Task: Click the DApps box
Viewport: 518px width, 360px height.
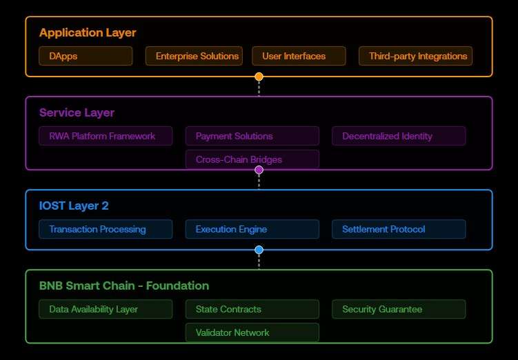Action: point(86,56)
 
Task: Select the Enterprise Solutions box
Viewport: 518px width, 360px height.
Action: point(193,56)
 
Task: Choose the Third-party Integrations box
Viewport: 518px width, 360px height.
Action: point(415,56)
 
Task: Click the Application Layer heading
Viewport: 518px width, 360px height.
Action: point(88,32)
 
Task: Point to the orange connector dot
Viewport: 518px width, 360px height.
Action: point(259,77)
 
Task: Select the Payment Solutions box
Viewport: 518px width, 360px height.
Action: point(252,136)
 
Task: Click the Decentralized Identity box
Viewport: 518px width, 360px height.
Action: point(399,136)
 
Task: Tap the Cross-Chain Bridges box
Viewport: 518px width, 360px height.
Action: point(252,159)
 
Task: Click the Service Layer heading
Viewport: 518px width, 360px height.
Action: point(77,112)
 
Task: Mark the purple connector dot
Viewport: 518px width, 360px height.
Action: point(259,170)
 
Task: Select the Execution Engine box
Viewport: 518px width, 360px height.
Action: point(252,229)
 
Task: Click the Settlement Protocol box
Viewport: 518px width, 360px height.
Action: point(399,229)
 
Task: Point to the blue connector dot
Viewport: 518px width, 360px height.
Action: point(259,250)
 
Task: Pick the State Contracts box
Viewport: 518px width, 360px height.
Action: point(252,309)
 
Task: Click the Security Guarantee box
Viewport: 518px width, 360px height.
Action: point(399,309)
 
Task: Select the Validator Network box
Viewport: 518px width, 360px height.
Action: point(252,332)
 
